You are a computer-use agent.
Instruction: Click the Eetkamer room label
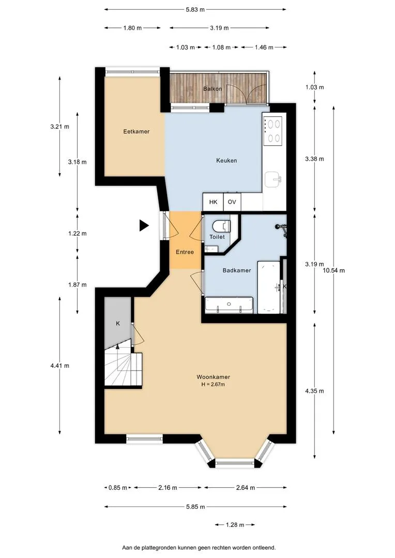136,131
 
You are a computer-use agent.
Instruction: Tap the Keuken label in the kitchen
226,161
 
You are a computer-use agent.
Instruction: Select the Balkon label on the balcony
212,89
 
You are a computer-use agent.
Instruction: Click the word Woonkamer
214,377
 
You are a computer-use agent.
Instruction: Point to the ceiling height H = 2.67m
213,384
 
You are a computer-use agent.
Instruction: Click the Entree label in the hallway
185,252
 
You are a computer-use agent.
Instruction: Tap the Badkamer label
237,270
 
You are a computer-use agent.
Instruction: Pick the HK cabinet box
213,202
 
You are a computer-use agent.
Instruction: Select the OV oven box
232,202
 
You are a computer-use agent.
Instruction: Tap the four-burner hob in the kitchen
273,131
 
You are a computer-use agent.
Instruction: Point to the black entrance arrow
144,225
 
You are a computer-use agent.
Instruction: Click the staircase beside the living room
123,366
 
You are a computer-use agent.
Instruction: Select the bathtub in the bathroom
268,287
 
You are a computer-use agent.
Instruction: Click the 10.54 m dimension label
334,270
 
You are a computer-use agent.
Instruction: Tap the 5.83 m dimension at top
195,10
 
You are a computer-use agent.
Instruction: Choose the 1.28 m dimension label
235,525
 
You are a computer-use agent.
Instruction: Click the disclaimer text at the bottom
199,548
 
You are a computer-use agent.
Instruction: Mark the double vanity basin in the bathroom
229,305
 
